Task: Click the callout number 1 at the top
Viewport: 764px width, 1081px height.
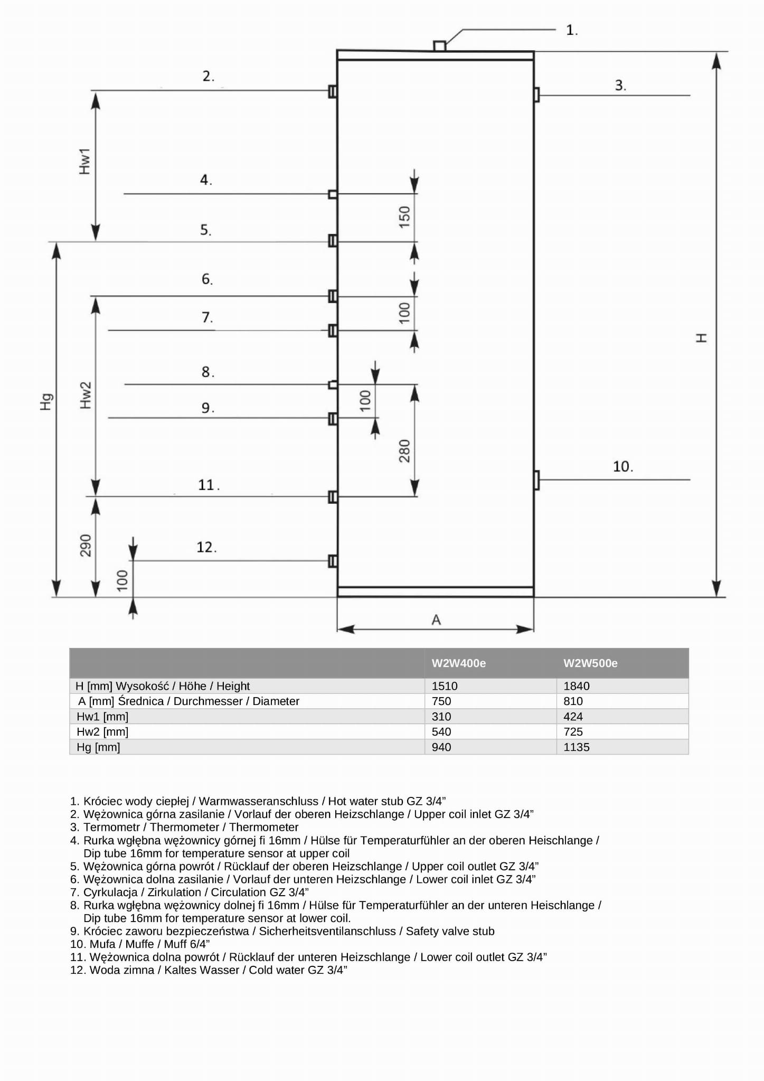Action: [x=571, y=30]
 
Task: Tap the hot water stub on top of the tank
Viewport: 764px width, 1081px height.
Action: [x=439, y=46]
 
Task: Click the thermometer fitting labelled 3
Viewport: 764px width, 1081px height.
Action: [x=536, y=95]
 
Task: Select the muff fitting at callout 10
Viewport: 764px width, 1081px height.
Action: [x=536, y=480]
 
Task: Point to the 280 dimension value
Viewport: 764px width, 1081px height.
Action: [x=404, y=451]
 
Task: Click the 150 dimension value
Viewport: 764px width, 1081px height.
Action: [x=404, y=217]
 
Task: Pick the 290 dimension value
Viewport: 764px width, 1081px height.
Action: [x=86, y=546]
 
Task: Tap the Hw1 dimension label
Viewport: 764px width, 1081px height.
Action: [x=84, y=161]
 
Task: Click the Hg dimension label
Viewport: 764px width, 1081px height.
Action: [x=46, y=402]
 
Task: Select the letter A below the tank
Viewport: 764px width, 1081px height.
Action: [x=436, y=620]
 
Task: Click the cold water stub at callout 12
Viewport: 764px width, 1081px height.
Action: [x=333, y=561]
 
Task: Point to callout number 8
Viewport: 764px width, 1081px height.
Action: [x=207, y=372]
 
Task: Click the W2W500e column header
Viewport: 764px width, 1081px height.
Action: [x=590, y=663]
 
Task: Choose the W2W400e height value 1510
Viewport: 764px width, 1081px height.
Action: [x=445, y=686]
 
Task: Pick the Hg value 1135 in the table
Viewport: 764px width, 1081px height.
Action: [x=576, y=747]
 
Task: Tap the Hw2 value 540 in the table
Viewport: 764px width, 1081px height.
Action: [x=441, y=732]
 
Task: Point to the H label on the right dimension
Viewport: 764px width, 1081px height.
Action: [x=701, y=338]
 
